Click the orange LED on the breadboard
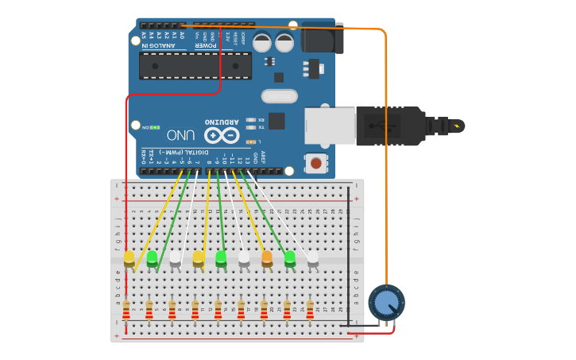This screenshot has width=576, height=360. [267, 257]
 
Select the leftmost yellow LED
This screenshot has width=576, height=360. [130, 257]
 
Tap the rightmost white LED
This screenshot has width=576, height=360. [313, 257]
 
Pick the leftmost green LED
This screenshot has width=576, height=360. [153, 257]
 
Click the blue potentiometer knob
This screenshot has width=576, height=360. [386, 302]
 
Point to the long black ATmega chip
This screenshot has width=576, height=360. [195, 66]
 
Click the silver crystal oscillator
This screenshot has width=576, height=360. [279, 96]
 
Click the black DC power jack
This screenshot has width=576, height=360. [322, 37]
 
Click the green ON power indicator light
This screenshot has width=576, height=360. [154, 127]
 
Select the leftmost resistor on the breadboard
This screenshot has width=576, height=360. [126, 308]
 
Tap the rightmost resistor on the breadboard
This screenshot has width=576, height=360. [310, 308]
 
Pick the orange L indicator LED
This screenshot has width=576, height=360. [251, 141]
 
